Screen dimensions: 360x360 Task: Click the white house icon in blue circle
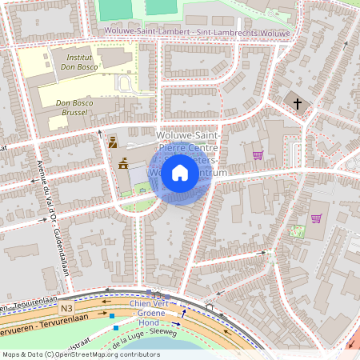(x=180, y=172)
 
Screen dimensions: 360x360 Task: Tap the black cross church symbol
(x=298, y=103)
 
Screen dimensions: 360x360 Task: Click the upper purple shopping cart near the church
(x=258, y=154)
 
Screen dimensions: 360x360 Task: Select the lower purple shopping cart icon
(x=316, y=218)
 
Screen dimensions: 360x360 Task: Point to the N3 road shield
(x=67, y=306)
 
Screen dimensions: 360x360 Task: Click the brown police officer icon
(x=112, y=142)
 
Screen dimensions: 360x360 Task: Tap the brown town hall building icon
(x=123, y=163)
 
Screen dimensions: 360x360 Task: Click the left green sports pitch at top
(x=117, y=7)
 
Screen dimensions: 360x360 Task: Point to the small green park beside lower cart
(x=298, y=231)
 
